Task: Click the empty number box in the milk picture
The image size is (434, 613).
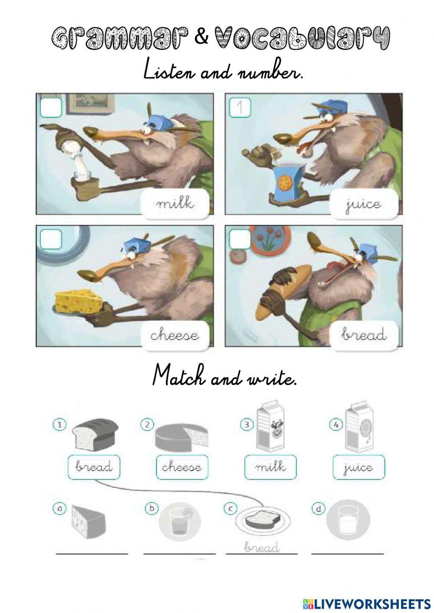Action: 51,108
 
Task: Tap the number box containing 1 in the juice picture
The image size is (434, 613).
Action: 240,108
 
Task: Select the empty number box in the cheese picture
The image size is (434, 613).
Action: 51,239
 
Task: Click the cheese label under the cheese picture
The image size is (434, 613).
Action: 175,335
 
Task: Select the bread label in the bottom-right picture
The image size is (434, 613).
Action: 364,335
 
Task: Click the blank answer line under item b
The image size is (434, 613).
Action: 179,554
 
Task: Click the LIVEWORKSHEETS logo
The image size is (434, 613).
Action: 366,603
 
